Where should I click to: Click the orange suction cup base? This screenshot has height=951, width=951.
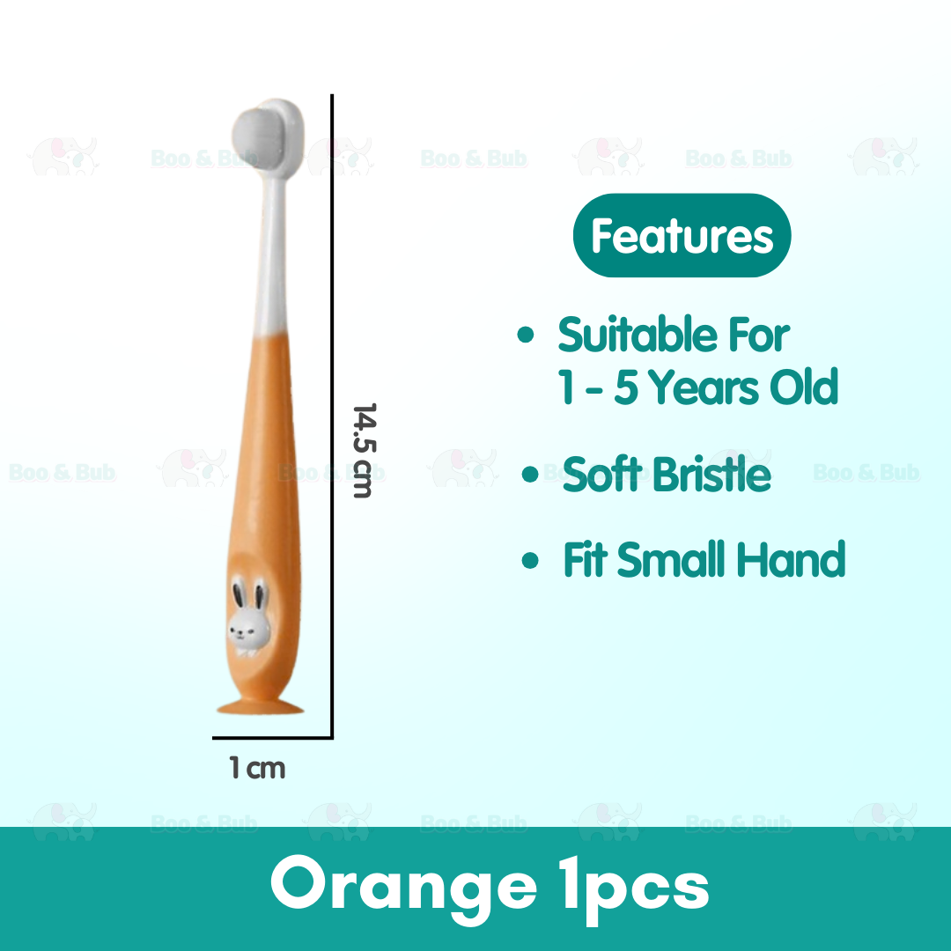point(255,704)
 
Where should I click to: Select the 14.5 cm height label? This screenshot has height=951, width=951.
point(363,450)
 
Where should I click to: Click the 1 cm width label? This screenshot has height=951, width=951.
point(258,769)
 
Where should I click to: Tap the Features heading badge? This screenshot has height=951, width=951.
point(682,236)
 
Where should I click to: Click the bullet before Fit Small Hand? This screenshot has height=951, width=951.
point(530,561)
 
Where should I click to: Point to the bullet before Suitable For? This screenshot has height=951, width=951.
point(527,336)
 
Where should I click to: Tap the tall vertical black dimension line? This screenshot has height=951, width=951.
point(332,414)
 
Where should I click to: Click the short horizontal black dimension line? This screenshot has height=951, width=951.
point(272,737)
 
